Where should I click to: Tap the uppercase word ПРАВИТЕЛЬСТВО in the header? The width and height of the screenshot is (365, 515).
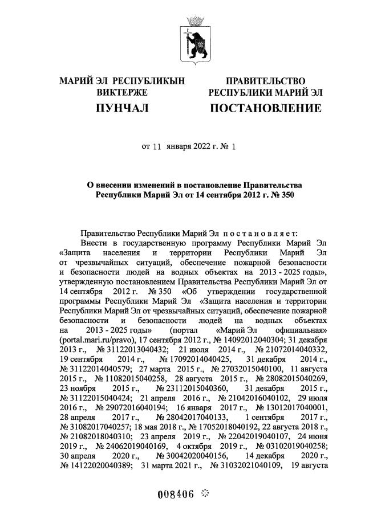pos(265,81)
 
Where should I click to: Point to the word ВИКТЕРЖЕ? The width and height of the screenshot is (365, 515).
pos(122,92)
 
